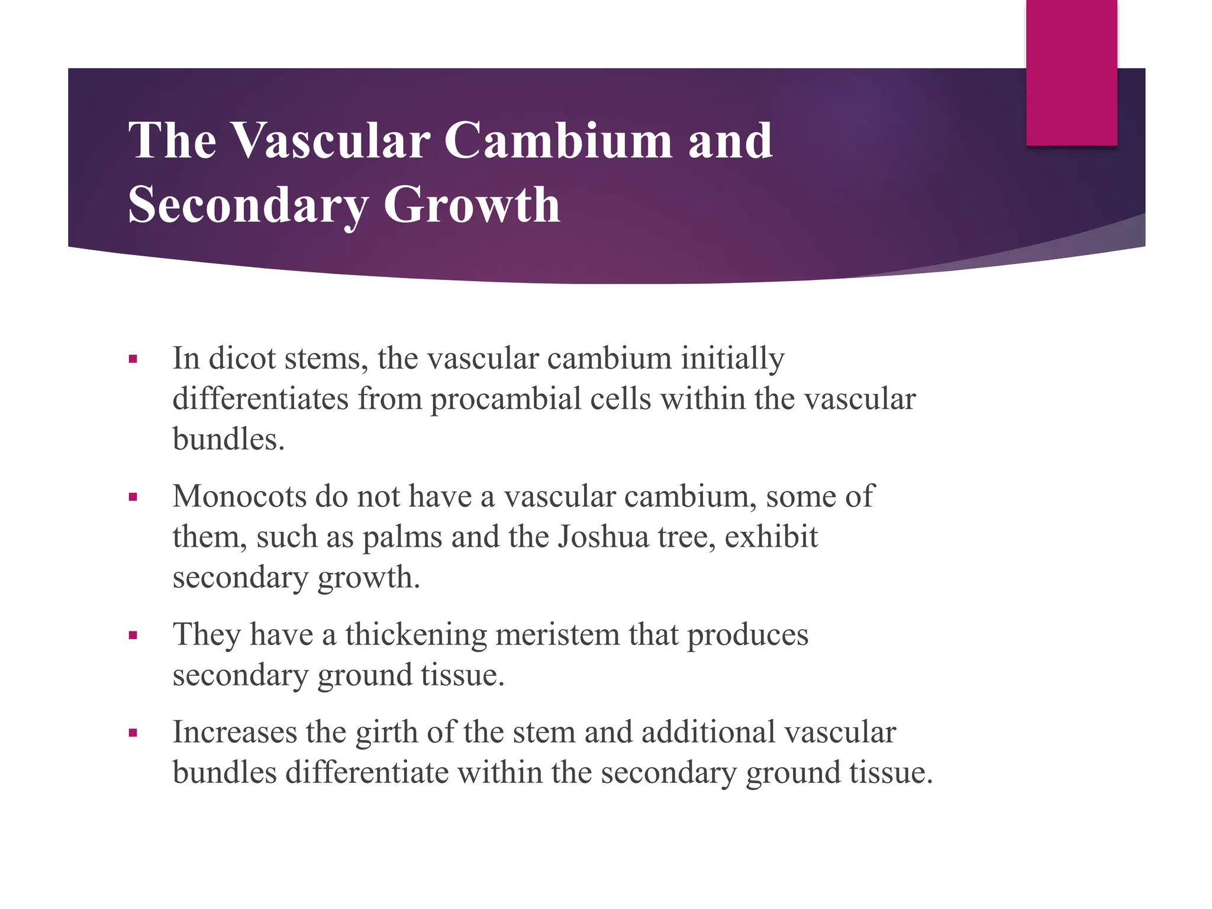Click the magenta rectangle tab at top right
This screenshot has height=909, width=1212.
1071,72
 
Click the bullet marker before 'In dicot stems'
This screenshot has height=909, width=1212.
133,359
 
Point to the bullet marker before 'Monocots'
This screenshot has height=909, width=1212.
133,497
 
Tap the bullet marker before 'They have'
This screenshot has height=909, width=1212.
133,636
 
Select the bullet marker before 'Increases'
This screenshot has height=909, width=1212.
133,733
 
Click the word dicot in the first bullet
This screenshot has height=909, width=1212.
242,358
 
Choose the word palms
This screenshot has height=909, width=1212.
402,537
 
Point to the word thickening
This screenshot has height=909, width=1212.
416,634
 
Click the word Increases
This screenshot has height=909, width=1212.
235,732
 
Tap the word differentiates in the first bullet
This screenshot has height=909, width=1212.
260,399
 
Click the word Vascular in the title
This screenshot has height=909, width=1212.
331,140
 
